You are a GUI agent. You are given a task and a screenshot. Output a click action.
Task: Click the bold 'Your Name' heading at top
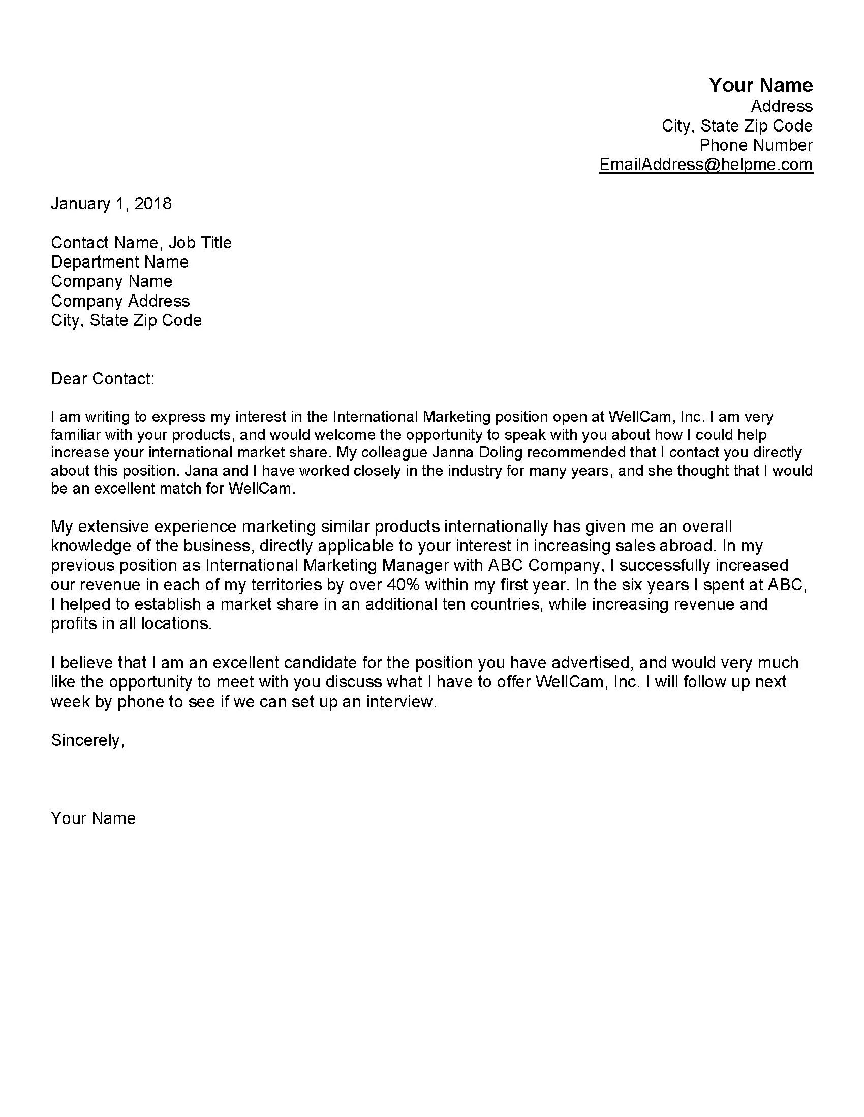[760, 85]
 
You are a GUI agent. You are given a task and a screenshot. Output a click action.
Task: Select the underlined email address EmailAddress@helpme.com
[706, 164]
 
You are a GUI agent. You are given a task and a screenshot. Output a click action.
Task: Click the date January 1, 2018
[111, 204]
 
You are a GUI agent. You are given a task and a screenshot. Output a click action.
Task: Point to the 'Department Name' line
[120, 262]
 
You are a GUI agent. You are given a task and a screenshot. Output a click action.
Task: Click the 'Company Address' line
[120, 301]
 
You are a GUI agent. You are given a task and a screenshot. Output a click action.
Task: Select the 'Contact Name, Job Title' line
[141, 242]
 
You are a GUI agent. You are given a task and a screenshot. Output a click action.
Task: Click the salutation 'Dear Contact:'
[102, 378]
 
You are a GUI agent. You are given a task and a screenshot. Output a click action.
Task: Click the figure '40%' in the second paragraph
[404, 584]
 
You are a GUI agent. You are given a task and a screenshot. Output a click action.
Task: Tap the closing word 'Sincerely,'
[87, 740]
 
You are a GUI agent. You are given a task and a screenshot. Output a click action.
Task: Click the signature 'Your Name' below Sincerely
[93, 818]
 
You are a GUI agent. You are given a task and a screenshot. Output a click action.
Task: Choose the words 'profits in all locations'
[131, 623]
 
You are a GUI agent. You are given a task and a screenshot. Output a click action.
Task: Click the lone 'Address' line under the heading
[782, 106]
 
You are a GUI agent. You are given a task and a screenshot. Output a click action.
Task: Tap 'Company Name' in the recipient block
[112, 281]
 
